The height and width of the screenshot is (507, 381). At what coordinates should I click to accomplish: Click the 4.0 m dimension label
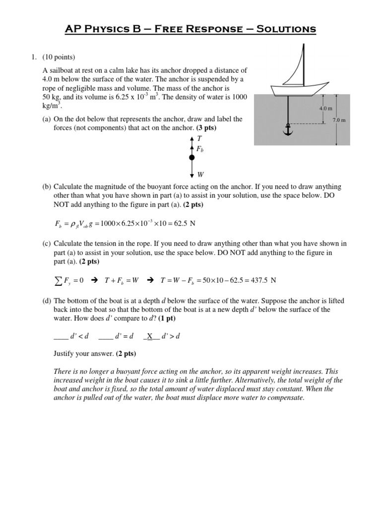[x=325, y=108]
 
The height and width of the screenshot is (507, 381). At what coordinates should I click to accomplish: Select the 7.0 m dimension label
[x=339, y=120]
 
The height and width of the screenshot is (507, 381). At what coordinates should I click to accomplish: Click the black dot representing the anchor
[x=192, y=158]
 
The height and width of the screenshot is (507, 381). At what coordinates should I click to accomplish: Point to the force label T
[x=199, y=140]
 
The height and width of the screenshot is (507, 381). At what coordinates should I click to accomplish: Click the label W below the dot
[x=200, y=174]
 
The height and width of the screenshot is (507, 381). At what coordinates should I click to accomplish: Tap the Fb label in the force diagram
[x=200, y=149]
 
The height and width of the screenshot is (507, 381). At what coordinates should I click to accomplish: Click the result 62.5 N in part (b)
[x=186, y=223]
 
